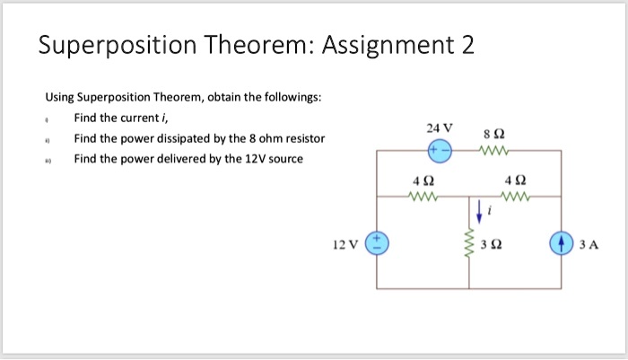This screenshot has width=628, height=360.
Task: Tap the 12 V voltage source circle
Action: pos(377,243)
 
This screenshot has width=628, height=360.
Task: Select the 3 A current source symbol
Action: pos(562,243)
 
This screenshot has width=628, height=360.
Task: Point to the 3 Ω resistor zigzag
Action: pos(467,243)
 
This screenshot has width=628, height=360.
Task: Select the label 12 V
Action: pos(345,244)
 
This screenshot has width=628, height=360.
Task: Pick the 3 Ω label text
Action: pos(493,244)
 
